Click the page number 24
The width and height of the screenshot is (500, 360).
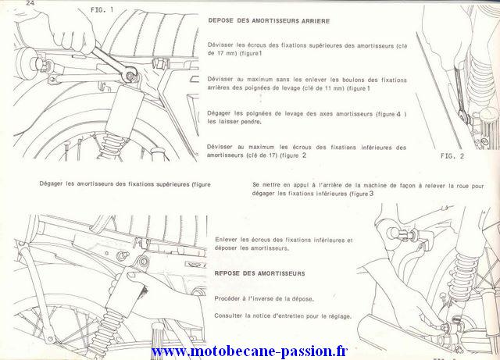(30, 3)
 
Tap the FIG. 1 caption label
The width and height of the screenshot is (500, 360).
(102, 10)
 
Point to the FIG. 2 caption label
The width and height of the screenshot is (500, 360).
(452, 156)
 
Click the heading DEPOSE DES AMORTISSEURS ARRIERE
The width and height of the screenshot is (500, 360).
(269, 21)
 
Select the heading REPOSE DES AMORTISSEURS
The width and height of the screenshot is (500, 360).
(259, 273)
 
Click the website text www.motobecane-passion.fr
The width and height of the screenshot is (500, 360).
(249, 351)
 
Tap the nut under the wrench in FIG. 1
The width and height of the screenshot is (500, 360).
(130, 76)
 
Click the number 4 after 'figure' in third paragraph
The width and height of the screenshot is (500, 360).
(398, 113)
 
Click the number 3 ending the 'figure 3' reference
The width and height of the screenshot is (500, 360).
(371, 193)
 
